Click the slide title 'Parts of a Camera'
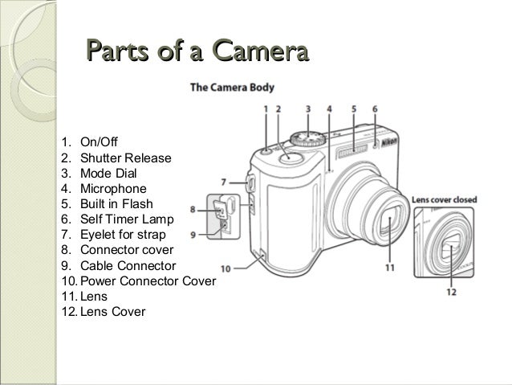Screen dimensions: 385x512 (197, 54)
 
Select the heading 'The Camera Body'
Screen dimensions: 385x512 (232, 88)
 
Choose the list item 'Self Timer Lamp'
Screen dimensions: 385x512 (120, 219)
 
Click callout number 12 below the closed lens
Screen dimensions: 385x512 (453, 293)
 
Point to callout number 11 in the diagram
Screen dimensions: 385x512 (389, 268)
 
